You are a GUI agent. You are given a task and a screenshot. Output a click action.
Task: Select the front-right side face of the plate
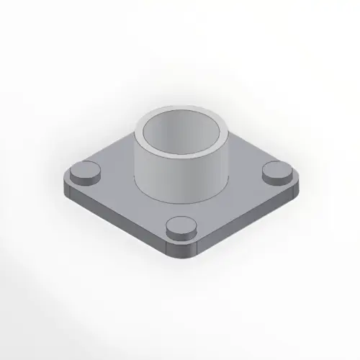[x=245, y=220]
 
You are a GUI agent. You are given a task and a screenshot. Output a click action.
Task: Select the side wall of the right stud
[x=276, y=179]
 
